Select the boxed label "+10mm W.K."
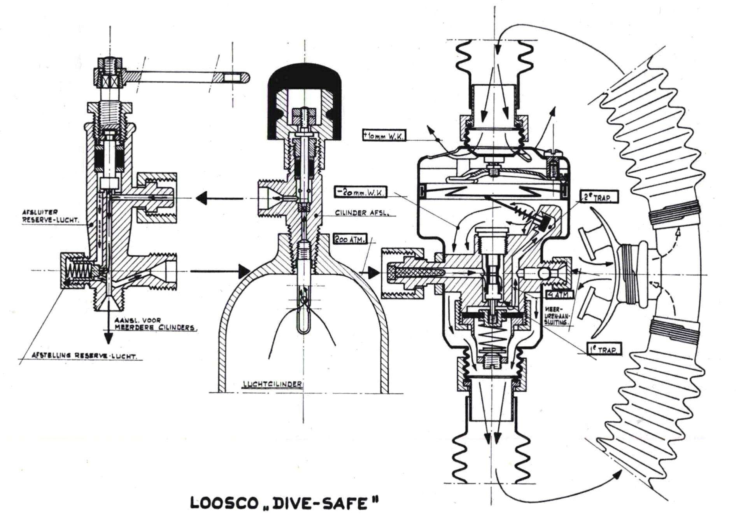(x=383, y=136)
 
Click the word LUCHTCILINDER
(x=272, y=384)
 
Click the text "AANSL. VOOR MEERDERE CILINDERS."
(x=156, y=324)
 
